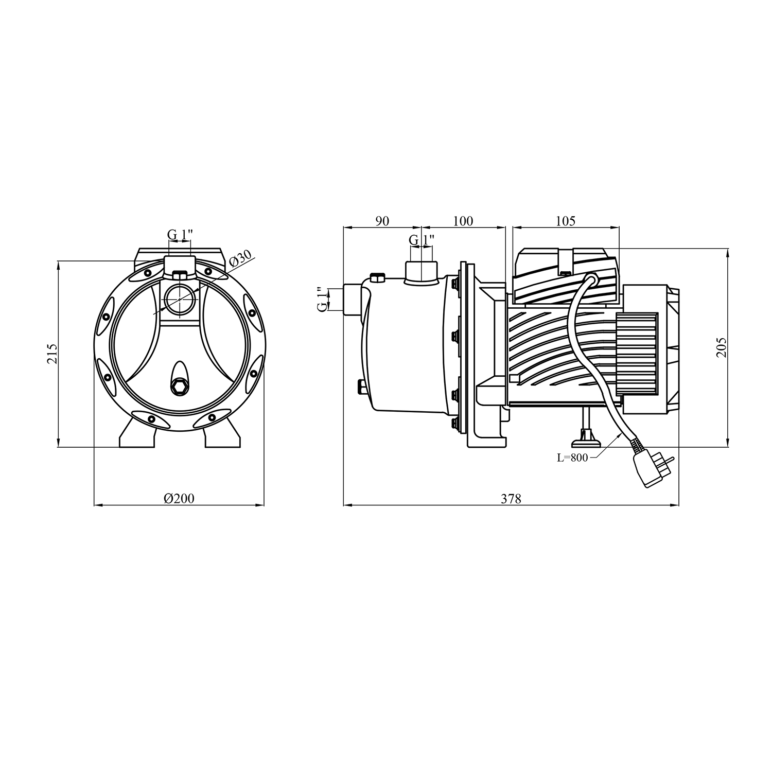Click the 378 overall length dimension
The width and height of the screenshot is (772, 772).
pyautogui.click(x=511, y=499)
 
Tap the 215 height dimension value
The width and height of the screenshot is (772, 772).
pyautogui.click(x=51, y=354)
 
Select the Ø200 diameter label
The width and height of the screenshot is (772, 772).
pyautogui.click(x=179, y=498)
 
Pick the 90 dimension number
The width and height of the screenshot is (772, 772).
pyautogui.click(x=382, y=221)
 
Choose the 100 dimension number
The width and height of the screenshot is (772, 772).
pyautogui.click(x=463, y=221)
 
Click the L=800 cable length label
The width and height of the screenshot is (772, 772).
pyautogui.click(x=572, y=458)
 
